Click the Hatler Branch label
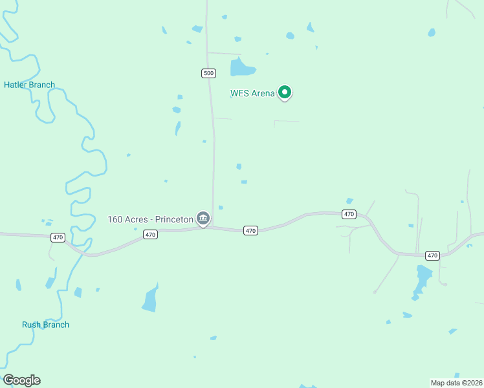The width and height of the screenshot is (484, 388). (29, 85)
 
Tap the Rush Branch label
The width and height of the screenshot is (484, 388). (45, 325)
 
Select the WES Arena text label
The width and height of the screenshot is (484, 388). (252, 93)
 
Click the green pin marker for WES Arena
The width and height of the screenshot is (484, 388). (284, 92)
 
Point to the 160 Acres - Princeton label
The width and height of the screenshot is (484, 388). (150, 219)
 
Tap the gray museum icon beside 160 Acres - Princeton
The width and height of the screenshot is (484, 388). (203, 219)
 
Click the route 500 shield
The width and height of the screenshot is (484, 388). (208, 73)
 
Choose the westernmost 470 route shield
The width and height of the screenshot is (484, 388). (58, 237)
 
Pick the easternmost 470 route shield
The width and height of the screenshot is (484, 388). (433, 255)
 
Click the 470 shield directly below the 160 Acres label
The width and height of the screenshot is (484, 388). (150, 235)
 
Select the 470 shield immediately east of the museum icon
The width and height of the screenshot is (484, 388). (251, 230)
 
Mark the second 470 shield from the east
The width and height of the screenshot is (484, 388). (349, 214)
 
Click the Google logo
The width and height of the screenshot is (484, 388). (21, 380)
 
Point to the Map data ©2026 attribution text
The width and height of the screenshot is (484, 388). (457, 383)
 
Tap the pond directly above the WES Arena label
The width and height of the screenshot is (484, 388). (241, 67)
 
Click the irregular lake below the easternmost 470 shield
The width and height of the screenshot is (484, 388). (423, 279)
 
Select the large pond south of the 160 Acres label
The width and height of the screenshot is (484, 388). (150, 299)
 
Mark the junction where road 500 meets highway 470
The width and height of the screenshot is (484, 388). (213, 227)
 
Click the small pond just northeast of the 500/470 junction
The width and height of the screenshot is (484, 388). (221, 208)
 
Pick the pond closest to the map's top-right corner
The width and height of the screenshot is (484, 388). (432, 32)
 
